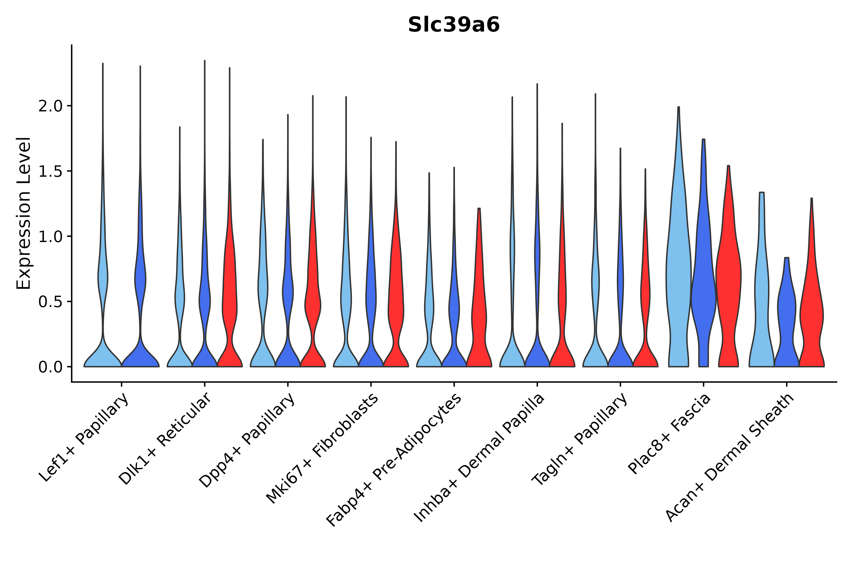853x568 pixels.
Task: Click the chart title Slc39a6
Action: pyautogui.click(x=453, y=25)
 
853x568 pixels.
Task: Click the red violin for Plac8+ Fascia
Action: pyautogui.click(x=728, y=282)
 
